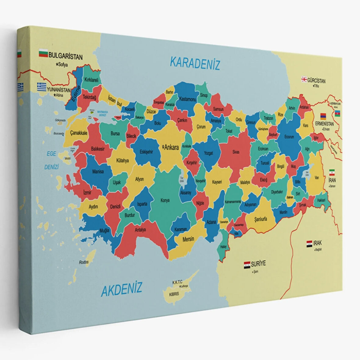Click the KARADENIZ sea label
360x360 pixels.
click(x=195, y=63)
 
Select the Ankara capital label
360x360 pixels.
click(x=171, y=148)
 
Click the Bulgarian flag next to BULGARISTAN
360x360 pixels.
click(x=43, y=54)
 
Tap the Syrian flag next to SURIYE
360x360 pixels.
click(x=247, y=265)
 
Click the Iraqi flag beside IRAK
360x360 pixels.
click(x=309, y=243)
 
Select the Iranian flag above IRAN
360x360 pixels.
click(x=332, y=172)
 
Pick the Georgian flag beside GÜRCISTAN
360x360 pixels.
click(x=304, y=79)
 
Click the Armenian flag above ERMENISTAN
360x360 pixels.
click(x=323, y=116)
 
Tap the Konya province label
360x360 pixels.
click(x=165, y=200)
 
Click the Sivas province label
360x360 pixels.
click(x=236, y=152)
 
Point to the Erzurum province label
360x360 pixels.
click(x=289, y=137)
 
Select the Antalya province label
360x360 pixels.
click(x=140, y=229)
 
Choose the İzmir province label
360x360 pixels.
click(x=87, y=193)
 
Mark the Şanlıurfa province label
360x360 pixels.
click(x=261, y=219)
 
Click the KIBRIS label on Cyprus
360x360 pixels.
click(x=174, y=294)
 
